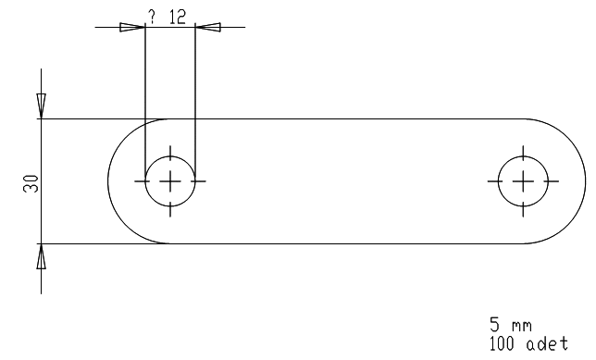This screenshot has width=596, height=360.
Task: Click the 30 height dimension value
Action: [x=31, y=183]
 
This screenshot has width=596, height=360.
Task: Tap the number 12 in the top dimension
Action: [x=178, y=17]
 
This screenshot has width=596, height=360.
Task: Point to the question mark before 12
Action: [x=152, y=17]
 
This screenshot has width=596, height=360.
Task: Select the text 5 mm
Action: [x=511, y=325]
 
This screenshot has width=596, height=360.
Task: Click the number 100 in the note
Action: [x=502, y=343]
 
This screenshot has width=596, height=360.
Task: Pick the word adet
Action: [x=547, y=343]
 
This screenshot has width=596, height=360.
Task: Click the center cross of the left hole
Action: [x=170, y=181]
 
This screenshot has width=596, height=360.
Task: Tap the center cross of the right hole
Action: [x=523, y=181]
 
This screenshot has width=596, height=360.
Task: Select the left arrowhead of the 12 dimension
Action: [x=132, y=28]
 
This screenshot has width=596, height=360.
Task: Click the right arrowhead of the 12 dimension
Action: [x=208, y=28]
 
